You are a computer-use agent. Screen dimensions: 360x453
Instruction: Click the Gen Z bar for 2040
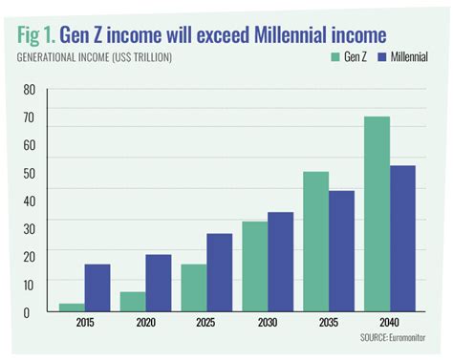[377, 214]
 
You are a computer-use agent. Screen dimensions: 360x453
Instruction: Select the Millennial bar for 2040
[403, 239]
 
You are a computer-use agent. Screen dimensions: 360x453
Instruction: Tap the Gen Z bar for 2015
[72, 307]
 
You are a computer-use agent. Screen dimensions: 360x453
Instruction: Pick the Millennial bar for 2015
[97, 287]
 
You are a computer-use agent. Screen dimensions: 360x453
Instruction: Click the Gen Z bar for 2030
[255, 266]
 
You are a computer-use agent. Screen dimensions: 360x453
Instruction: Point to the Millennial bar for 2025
[220, 272]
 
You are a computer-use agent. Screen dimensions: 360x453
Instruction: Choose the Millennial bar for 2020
[159, 283]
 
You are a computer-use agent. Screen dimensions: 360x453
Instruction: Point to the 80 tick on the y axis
[29, 90]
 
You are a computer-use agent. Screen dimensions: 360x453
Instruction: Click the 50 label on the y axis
[29, 173]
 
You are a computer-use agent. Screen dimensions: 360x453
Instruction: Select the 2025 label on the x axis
[206, 323]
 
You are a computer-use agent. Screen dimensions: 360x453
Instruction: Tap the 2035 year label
[329, 323]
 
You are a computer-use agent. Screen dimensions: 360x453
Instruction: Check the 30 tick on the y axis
[29, 228]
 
